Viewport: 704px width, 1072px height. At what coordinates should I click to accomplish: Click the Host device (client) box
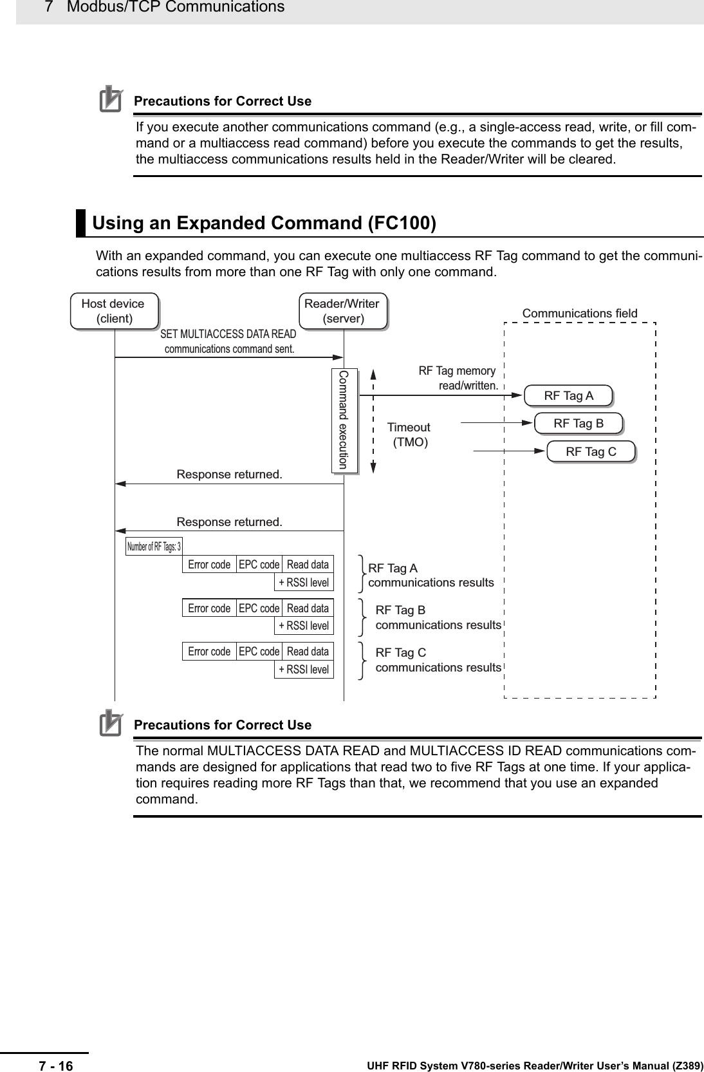coord(113,311)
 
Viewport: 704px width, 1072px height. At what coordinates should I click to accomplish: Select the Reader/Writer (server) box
coord(342,311)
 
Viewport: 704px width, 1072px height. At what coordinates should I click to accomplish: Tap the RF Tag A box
coord(568,396)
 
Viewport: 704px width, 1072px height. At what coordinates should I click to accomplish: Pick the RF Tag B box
coord(579,424)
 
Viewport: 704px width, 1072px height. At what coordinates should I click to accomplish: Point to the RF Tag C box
coord(591,452)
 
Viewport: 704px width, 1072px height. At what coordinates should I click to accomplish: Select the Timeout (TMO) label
coord(409,435)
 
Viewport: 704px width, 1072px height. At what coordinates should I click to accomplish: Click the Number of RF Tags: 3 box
coord(154,547)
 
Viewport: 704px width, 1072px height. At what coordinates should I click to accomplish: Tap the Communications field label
coord(579,314)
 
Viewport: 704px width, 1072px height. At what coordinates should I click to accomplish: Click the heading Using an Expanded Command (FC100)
coord(264,223)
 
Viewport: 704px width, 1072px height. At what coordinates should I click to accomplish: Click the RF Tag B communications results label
coord(438,617)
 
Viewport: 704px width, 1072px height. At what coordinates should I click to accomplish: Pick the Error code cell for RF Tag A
coord(209,565)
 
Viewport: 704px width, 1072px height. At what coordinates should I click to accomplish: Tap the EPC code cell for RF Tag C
coord(259,652)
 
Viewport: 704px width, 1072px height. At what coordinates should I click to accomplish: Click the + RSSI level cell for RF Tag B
coord(304,626)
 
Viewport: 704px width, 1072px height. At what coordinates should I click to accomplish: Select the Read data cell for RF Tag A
coord(308,565)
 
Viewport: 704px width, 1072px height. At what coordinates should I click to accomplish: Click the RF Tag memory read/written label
coord(458,379)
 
